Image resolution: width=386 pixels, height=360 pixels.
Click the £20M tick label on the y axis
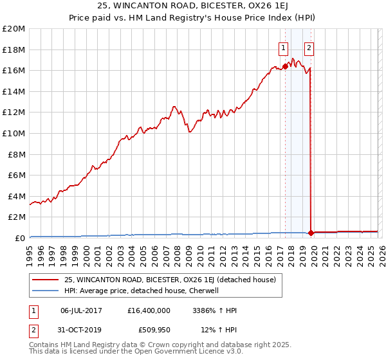tap(14, 29)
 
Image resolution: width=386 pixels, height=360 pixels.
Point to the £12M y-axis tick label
tap(14, 113)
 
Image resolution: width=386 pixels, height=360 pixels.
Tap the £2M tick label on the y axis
tap(16, 217)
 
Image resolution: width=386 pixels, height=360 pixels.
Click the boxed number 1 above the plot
tap(283, 47)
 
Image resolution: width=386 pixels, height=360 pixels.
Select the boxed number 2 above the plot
tap(309, 47)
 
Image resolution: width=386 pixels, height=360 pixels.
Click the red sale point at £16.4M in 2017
tap(285, 66)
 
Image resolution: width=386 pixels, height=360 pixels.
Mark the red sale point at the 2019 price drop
tap(311, 233)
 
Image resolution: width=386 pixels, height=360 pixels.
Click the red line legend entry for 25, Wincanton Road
tap(170, 280)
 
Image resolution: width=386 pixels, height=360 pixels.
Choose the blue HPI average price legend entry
tap(142, 291)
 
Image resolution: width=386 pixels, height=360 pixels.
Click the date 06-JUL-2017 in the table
tap(82, 310)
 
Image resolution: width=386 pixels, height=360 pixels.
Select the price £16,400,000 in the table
tap(149, 310)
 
